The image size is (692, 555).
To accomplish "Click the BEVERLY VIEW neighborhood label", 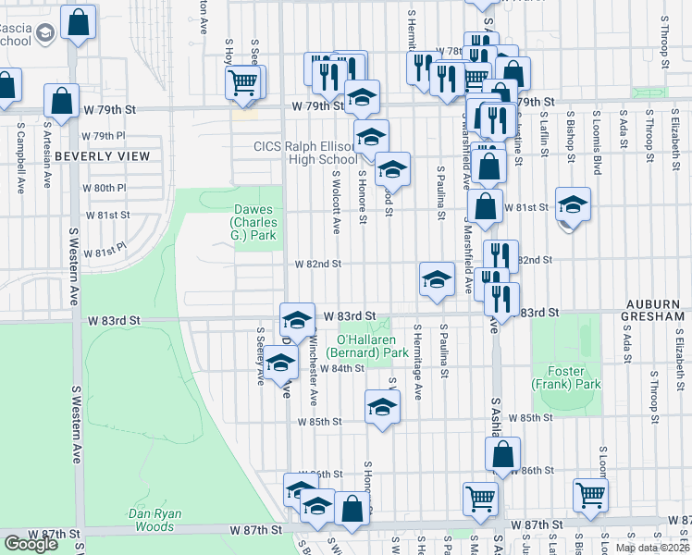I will [x=102, y=156].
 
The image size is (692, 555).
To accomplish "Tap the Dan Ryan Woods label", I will [x=155, y=520].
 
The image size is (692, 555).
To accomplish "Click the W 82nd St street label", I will [x=318, y=264].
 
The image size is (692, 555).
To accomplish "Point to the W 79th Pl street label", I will [x=103, y=135].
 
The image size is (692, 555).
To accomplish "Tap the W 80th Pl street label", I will [x=104, y=188].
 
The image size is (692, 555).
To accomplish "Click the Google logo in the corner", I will [x=31, y=544].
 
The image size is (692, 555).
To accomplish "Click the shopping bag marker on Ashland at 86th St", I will [x=503, y=453].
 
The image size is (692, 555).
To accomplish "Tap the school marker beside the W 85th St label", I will [x=382, y=407].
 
